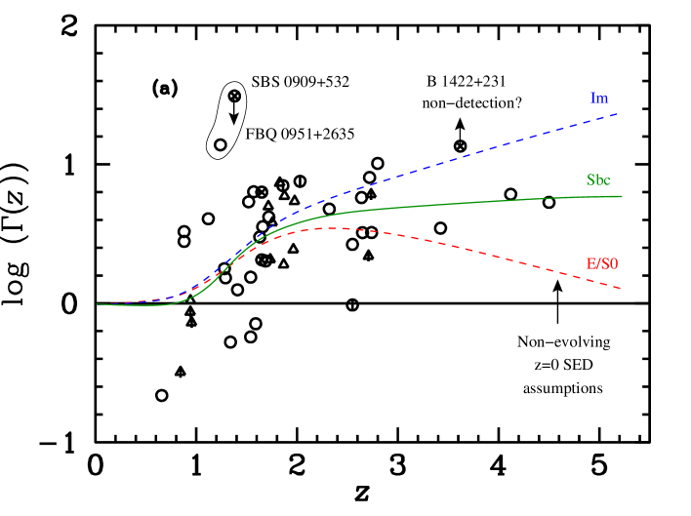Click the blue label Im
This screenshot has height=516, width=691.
click(599, 99)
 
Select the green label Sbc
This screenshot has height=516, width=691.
click(598, 180)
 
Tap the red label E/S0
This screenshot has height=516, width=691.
click(602, 263)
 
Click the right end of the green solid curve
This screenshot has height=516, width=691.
click(622, 196)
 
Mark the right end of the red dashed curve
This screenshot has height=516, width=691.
click(621, 288)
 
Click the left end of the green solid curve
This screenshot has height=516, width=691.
click(98, 304)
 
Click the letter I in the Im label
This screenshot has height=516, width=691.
click(593, 99)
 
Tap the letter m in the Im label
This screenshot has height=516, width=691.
click(603, 99)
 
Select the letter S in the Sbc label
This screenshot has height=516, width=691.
click(590, 180)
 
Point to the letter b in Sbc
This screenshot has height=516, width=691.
click(598, 180)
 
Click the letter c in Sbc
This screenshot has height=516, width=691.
click(607, 181)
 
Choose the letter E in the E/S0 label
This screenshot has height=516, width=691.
click(589, 263)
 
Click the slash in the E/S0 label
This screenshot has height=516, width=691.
click(597, 263)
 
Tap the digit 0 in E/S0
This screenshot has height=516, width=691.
click(615, 263)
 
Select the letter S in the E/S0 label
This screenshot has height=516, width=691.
click(605, 263)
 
